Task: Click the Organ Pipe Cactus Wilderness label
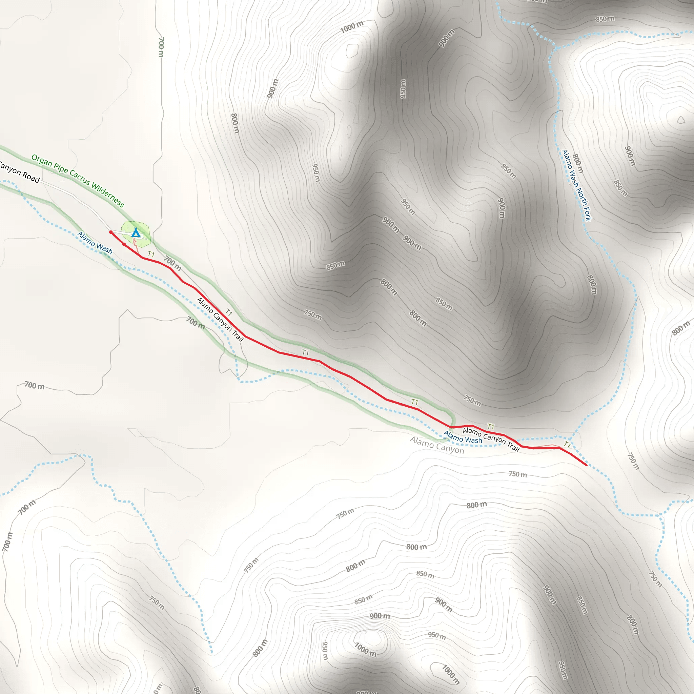coord(78,181)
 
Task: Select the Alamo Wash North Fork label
coord(576,185)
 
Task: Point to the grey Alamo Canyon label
coord(437,445)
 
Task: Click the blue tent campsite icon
coord(136,233)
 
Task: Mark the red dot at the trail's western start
coord(111,232)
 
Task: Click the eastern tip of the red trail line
coord(586,465)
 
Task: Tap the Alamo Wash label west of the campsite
coord(95,243)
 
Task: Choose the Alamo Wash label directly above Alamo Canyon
coord(463,437)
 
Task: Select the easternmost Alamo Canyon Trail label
coord(491,439)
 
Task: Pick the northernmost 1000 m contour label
coord(352,26)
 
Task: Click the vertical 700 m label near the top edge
coord(161,47)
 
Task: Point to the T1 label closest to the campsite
coord(151,254)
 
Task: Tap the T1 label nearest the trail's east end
coord(567,445)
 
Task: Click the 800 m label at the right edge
coord(681,328)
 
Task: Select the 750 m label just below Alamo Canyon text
coord(518,474)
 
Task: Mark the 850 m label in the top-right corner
coord(605,19)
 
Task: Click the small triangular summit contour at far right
coord(681,120)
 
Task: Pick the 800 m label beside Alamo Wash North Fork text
coord(578,163)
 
